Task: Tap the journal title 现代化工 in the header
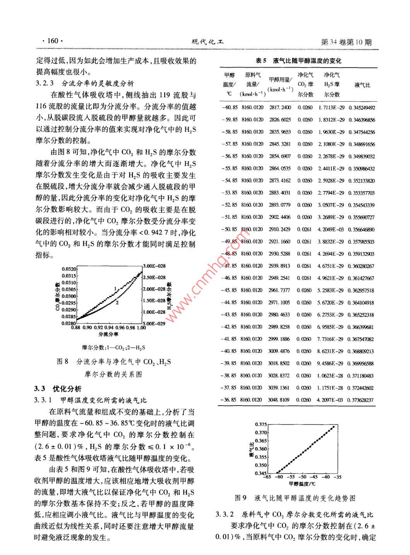click(208, 42)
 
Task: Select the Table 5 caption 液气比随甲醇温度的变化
click(307, 61)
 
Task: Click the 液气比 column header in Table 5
click(362, 85)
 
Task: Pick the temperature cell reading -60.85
click(230, 108)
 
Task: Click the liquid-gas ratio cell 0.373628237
click(361, 400)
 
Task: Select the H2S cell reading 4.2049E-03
click(330, 230)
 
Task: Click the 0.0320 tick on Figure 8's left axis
click(69, 269)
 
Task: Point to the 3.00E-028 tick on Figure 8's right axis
click(154, 266)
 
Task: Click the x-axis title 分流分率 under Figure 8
click(108, 334)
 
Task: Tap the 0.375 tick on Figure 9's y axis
click(261, 425)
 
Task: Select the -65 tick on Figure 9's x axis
click(267, 477)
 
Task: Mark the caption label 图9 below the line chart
click(241, 498)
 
